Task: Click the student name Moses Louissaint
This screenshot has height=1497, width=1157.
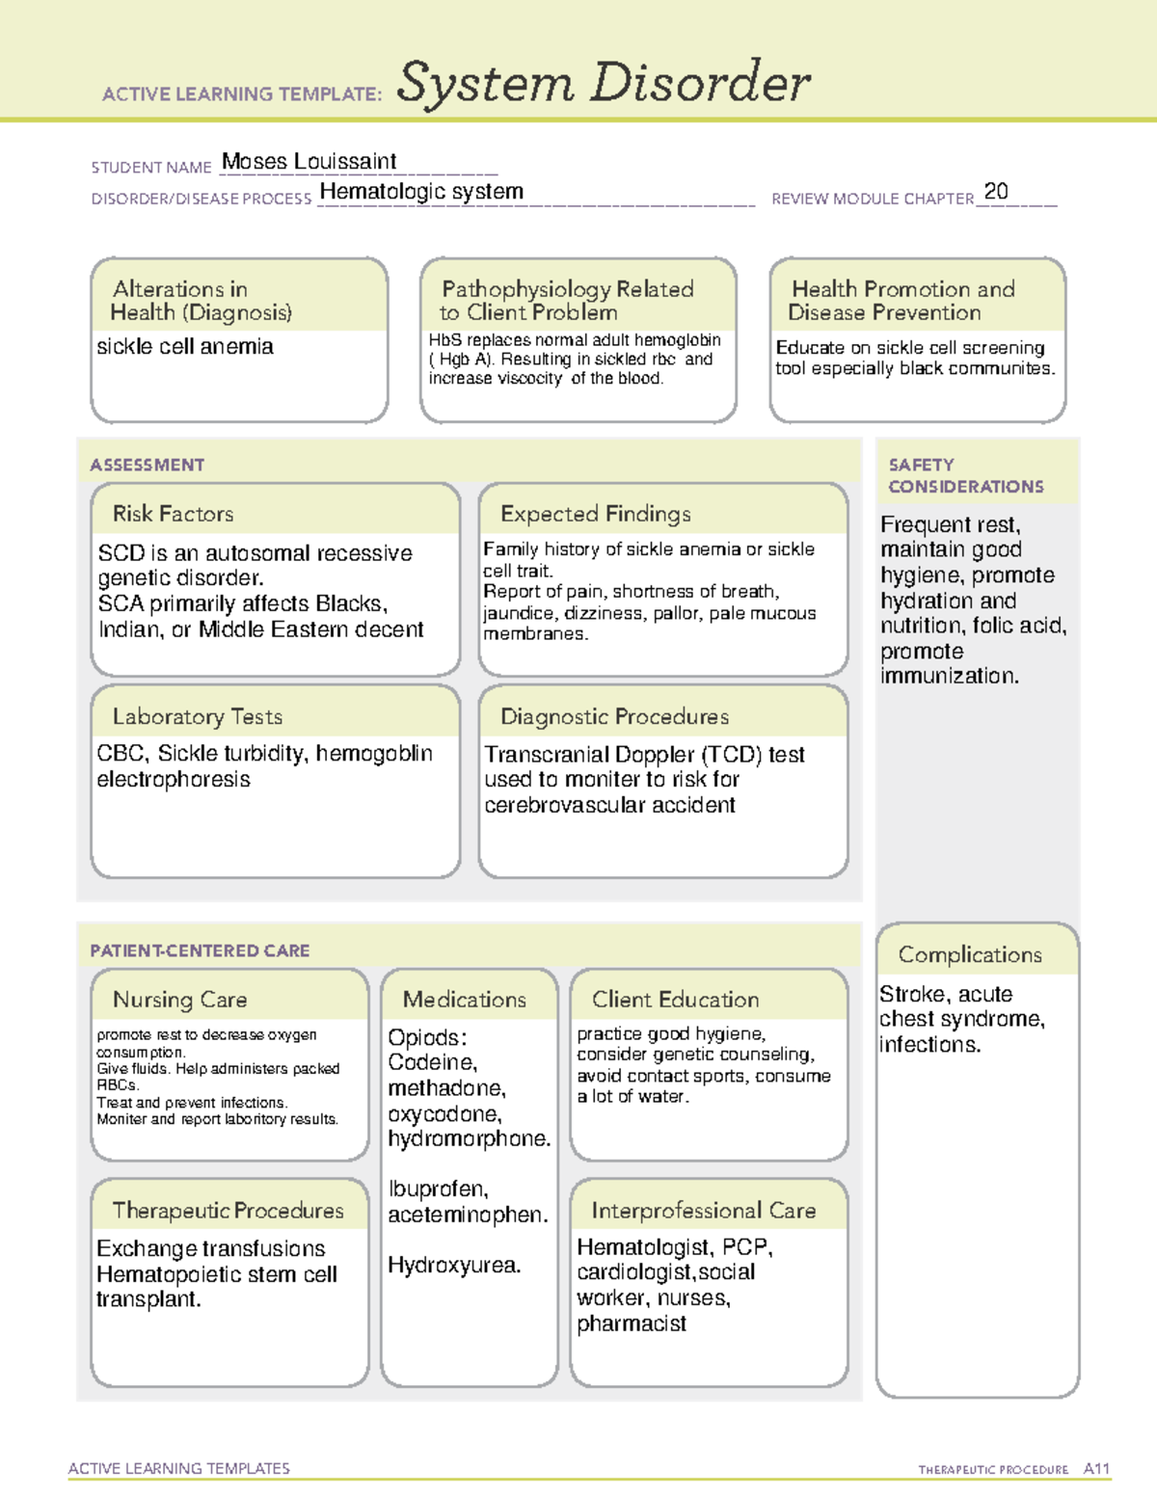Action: (309, 162)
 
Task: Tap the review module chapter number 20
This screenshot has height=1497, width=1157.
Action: (996, 191)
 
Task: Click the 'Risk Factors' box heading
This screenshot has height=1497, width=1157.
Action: (173, 514)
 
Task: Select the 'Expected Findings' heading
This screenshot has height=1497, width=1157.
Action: (595, 514)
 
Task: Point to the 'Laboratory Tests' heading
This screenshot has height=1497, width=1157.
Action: (197, 716)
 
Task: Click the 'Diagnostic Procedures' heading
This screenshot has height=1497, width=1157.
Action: (614, 716)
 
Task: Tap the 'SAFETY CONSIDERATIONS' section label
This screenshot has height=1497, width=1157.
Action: (965, 475)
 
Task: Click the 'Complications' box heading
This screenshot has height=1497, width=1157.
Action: (969, 954)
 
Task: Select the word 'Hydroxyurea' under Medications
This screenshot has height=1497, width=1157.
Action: (452, 1265)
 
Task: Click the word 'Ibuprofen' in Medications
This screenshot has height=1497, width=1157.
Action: (437, 1189)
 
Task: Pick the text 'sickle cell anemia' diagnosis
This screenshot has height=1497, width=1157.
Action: (185, 346)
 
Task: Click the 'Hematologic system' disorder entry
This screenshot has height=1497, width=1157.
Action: (421, 192)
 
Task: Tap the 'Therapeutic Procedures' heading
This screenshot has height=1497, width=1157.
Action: (228, 1210)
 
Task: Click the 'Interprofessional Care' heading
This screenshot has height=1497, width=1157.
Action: (703, 1210)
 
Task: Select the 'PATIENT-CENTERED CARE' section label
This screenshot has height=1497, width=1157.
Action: (200, 950)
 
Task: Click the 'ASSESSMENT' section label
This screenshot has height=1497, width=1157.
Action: (147, 465)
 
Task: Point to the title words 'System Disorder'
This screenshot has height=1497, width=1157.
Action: (603, 83)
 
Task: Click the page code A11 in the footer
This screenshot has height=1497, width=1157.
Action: (1096, 1468)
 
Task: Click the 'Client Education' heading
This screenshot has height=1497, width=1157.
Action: (675, 1000)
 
